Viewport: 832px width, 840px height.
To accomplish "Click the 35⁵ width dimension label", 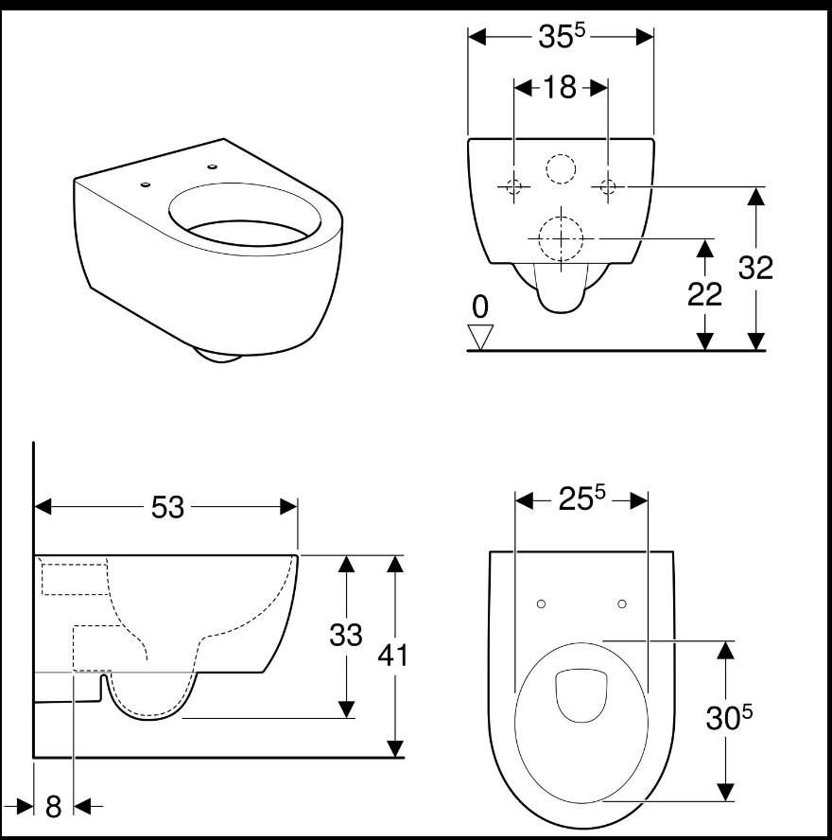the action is coord(562,37).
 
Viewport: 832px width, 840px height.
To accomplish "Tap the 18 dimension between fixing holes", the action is coord(560,87).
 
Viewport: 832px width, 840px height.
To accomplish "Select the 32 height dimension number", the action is coord(756,268).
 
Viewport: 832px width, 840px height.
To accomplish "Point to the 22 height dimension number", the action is coord(705,294).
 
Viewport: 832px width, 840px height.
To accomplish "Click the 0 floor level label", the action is coord(480,307).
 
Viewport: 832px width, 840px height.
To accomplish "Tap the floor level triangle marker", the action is coord(480,337).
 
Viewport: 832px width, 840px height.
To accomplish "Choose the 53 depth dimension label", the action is coord(167,507).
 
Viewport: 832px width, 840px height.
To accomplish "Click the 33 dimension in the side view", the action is coord(346,635).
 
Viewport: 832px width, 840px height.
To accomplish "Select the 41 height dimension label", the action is coord(393,656).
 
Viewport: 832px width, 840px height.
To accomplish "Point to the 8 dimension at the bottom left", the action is coord(54,806).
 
